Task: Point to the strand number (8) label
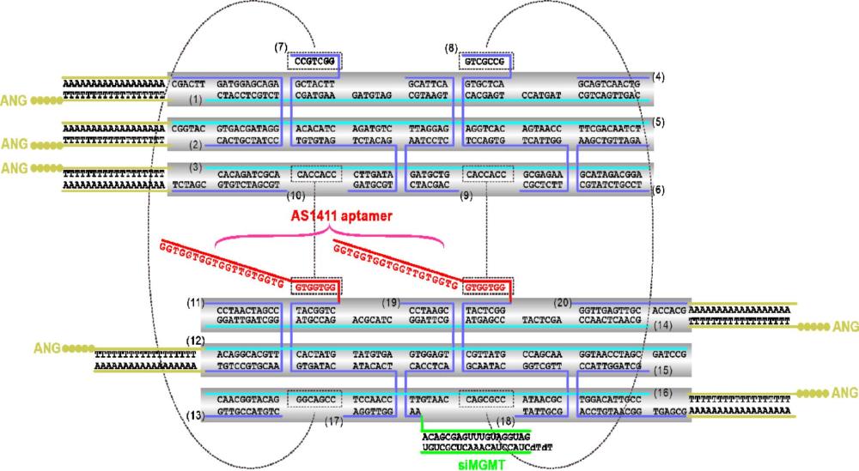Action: [452, 48]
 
